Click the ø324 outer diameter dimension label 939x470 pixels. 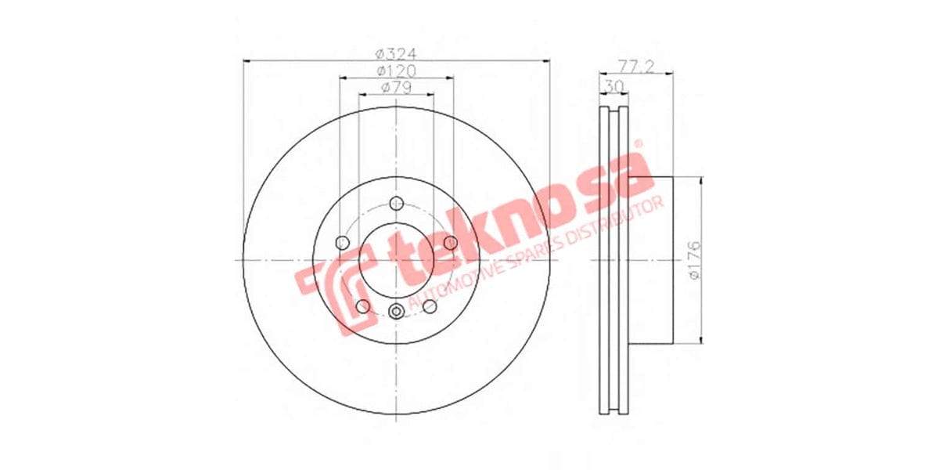396,54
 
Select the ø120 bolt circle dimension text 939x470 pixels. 396,71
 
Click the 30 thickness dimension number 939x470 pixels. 613,85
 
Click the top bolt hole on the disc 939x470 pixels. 397,204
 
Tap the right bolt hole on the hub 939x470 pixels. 451,244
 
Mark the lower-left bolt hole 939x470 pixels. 362,306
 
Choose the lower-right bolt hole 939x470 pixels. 430,306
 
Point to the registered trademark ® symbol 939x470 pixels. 638,145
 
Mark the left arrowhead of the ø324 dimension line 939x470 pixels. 246,60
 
